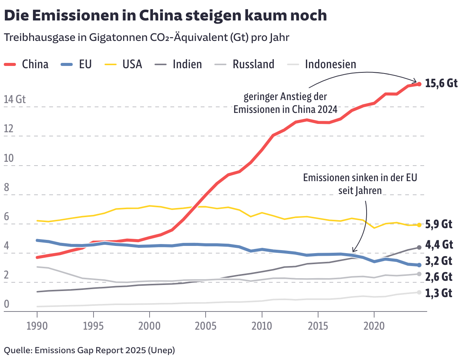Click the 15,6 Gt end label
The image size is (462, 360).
[x=441, y=83]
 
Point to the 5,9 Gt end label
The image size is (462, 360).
[x=439, y=224]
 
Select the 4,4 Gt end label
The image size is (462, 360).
[x=439, y=244]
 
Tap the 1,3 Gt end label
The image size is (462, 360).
[x=439, y=293]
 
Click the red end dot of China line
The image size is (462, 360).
[x=419, y=84]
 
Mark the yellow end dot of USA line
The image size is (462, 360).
[x=419, y=225]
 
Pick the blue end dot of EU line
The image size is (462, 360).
[x=419, y=265]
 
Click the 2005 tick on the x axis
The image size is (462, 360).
[x=205, y=326]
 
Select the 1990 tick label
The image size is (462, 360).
[x=37, y=326]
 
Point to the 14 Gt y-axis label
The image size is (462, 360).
[x=14, y=100]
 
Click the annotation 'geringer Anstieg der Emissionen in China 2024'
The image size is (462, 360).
[x=285, y=103]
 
